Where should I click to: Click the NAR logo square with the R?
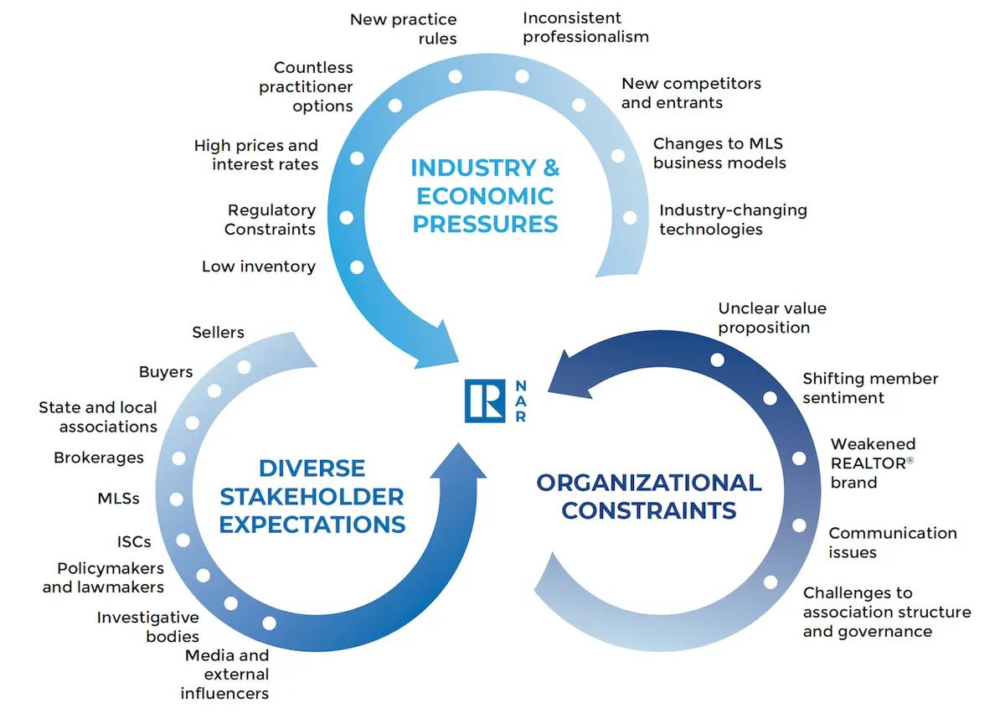485,401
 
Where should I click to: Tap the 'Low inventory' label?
259,266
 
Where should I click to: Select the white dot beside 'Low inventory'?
357,267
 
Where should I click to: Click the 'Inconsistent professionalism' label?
585,28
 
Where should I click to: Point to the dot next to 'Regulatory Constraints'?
347,218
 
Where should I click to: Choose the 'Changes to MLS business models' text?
719,153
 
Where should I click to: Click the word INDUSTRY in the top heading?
473,168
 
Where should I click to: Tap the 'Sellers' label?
218,332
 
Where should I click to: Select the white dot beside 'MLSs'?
177,499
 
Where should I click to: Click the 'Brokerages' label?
99,458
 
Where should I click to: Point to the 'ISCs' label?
134,541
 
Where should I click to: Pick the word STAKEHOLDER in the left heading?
312,496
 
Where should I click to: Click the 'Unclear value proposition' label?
771,318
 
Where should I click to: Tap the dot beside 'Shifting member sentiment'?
770,398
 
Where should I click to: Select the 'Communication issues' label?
893,542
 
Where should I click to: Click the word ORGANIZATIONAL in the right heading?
649,483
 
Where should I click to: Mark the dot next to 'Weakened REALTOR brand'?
799,458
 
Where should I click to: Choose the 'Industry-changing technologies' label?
733,220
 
